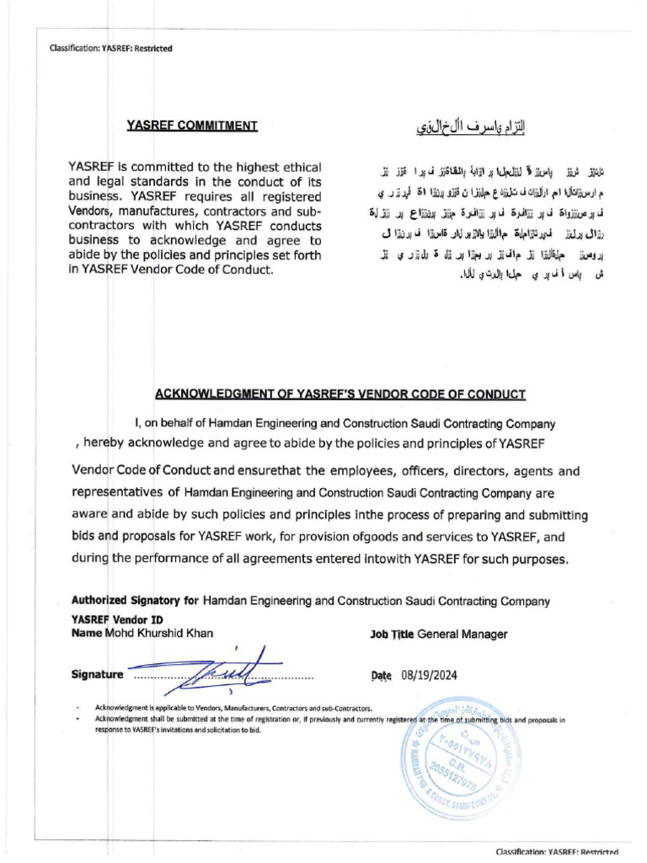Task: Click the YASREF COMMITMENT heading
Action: [x=191, y=126]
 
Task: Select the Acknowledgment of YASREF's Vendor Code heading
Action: [x=340, y=394]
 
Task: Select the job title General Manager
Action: [x=463, y=633]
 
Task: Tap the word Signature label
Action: [x=99, y=675]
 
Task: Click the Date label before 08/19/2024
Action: [x=382, y=675]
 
